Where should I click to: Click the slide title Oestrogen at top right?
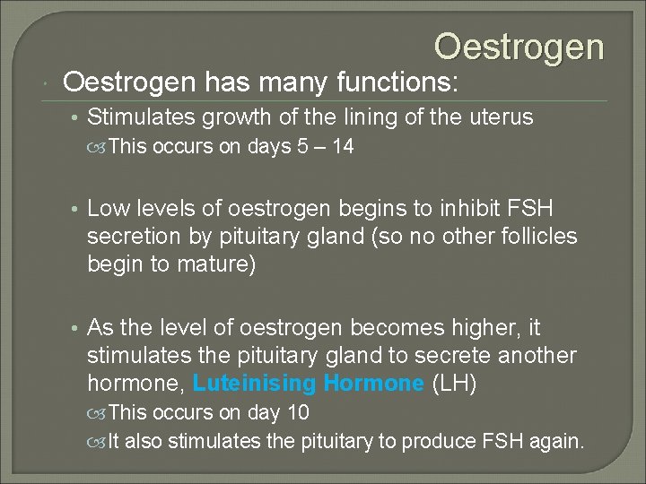point(519,47)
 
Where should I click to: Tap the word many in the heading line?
point(290,83)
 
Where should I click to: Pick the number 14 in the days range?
point(342,147)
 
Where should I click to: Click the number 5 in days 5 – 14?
point(300,147)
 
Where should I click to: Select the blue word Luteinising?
point(254,384)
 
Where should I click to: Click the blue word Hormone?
point(373,384)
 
